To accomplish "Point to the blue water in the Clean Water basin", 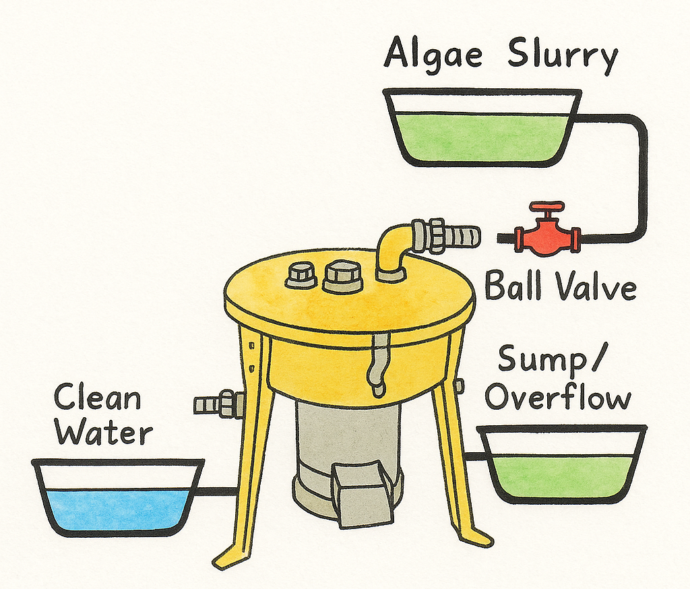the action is (x=118, y=511).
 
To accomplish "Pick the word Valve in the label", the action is (x=596, y=287).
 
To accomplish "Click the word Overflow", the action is (x=558, y=398).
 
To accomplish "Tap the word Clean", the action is (x=97, y=397).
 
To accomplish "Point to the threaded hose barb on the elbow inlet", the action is (x=446, y=235).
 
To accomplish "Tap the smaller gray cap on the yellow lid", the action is (x=301, y=276).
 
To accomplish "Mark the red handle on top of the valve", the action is (x=547, y=207).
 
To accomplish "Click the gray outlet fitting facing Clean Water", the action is (x=219, y=404).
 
